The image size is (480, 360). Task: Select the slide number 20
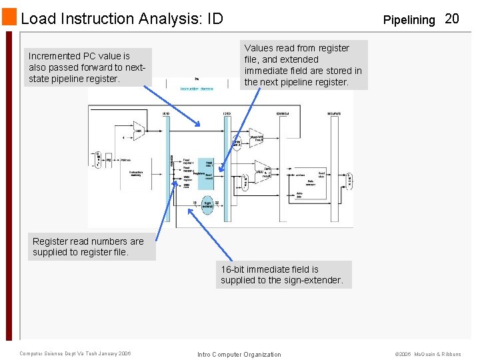[x=451, y=19]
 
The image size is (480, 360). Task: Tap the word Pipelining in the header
[x=409, y=20]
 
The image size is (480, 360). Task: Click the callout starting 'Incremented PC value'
[x=89, y=67]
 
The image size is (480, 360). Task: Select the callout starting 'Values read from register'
[x=303, y=65]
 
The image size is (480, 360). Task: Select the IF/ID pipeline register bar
[x=171, y=167]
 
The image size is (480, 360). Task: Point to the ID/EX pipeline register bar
[x=227, y=167]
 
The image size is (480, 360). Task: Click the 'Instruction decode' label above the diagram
[x=197, y=89]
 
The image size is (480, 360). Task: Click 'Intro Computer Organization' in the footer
[x=239, y=354]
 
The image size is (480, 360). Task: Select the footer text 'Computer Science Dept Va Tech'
[x=75, y=353]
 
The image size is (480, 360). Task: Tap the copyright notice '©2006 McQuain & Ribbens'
[x=428, y=354]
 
